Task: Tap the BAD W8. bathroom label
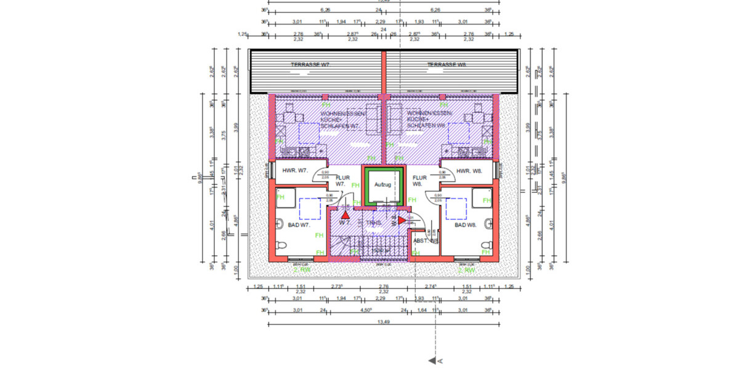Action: tap(466, 226)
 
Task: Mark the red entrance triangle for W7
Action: tap(345, 216)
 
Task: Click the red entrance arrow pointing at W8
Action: tap(402, 220)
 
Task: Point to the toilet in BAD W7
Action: tap(280, 246)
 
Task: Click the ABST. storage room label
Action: tap(425, 241)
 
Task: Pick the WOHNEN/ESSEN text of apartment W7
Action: tap(342, 114)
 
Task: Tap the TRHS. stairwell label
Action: tap(373, 223)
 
